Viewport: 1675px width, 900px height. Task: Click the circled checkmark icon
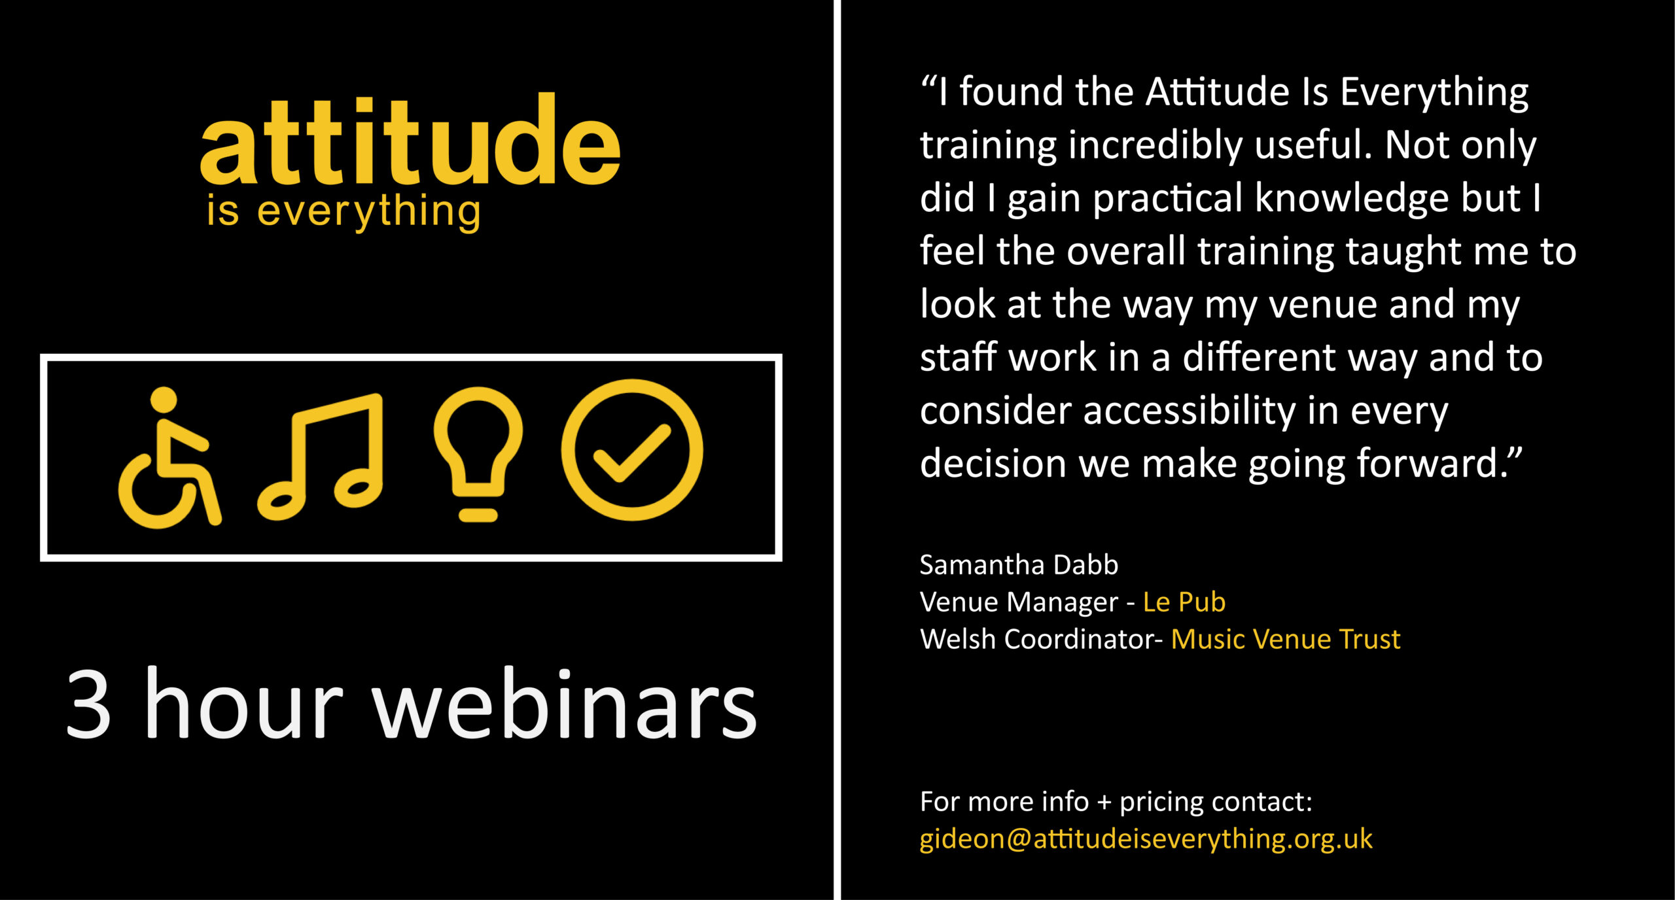(632, 450)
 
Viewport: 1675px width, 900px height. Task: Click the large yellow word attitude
(410, 139)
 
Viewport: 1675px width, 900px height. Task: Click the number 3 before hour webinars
(88, 704)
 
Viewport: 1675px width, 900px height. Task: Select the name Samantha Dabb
(1019, 564)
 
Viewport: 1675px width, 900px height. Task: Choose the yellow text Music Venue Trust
(1286, 639)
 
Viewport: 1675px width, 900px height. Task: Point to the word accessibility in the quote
(1190, 412)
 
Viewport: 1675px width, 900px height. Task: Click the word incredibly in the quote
(1155, 146)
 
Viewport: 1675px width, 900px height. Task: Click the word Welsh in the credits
(958, 639)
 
